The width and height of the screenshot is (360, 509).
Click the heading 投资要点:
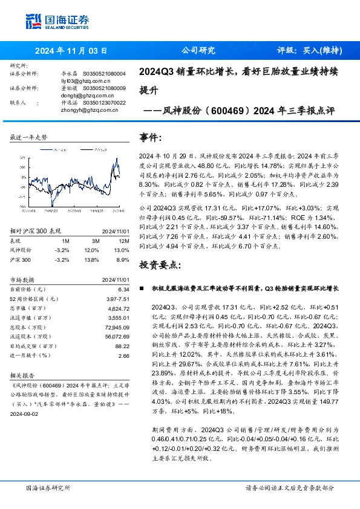click(159, 265)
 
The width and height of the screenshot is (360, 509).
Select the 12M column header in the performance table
click(123, 240)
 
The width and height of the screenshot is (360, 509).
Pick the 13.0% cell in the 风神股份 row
click(122, 249)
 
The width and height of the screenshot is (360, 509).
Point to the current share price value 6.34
click(124, 290)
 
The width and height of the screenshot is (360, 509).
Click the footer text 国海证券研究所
click(48, 487)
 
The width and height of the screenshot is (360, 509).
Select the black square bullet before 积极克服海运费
click(142, 290)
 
